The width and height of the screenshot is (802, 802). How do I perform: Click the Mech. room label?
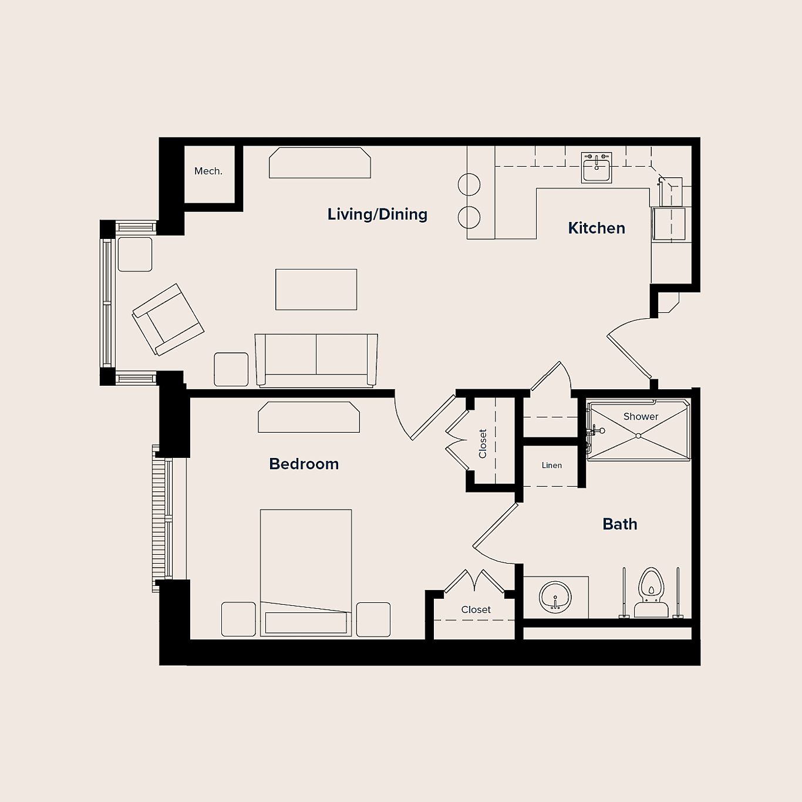(208, 171)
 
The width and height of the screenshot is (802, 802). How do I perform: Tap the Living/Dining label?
(377, 214)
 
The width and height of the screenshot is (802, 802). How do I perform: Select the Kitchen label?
(596, 228)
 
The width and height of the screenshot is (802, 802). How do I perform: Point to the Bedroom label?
(304, 464)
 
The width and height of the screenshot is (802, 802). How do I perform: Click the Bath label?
(619, 524)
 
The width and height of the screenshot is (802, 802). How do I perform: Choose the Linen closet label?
(551, 465)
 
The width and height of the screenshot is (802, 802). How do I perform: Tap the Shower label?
(641, 416)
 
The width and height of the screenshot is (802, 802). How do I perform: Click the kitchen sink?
(597, 167)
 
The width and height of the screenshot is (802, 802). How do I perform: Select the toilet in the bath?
(651, 590)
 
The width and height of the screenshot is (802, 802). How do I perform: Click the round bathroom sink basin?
(555, 598)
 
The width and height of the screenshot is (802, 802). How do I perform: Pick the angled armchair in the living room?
(168, 320)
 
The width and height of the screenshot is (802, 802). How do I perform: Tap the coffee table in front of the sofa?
(316, 289)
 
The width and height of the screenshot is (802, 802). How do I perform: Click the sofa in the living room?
(316, 359)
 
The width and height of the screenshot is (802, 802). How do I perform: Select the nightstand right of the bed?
(373, 619)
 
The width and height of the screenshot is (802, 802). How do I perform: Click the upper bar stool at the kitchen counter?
(469, 185)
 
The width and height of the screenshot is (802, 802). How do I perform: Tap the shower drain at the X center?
(638, 436)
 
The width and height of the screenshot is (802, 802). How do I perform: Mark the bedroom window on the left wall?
(163, 518)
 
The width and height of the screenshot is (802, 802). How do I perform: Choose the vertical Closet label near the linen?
(483, 443)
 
